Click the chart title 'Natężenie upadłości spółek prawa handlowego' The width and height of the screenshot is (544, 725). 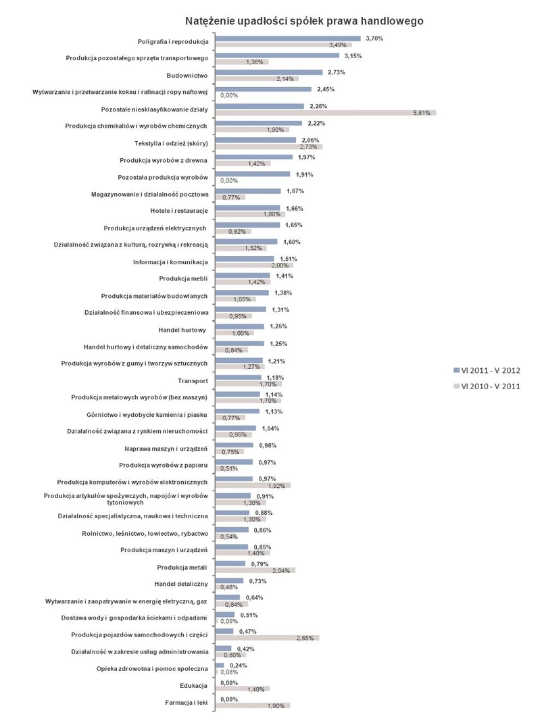(x=295, y=21)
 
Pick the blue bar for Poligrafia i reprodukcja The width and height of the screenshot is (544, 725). (x=287, y=39)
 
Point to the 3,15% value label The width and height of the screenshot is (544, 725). (x=353, y=55)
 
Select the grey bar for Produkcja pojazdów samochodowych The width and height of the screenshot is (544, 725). (x=266, y=637)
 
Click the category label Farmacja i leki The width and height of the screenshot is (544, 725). (x=187, y=703)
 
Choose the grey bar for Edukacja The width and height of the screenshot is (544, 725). (x=242, y=689)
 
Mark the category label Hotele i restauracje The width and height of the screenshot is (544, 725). (x=179, y=211)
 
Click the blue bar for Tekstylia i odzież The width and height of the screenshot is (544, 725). (x=255, y=140)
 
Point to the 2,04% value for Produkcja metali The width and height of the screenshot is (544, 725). (x=281, y=570)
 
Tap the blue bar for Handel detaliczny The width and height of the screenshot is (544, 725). (x=229, y=580)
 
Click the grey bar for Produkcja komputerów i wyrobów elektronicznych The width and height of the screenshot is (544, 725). (x=252, y=485)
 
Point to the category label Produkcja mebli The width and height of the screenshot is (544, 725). (x=184, y=278)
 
